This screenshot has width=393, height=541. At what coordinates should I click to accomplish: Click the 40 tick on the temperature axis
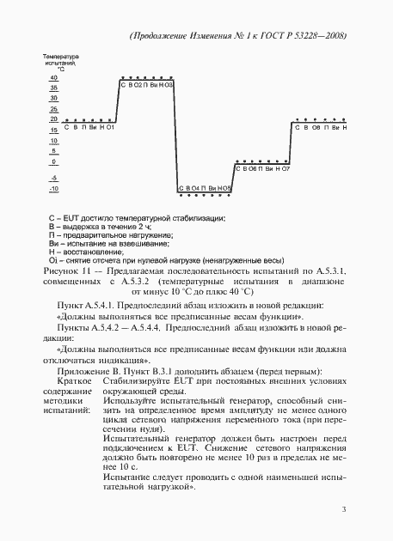pos(53,77)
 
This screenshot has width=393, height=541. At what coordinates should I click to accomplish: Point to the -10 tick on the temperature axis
pos(53,188)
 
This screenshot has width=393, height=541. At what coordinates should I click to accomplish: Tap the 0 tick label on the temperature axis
pos(53,161)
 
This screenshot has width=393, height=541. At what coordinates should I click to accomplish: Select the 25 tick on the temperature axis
pos(53,109)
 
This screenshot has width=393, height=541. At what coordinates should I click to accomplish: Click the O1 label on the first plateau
pos(111,127)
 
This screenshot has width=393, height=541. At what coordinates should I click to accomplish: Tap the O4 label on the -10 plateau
pos(196,187)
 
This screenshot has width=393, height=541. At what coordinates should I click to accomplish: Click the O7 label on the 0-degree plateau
pos(286,169)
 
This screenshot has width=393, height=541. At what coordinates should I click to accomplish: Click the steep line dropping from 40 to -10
pos(176,137)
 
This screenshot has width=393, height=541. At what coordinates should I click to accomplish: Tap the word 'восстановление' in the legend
pos(89,250)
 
